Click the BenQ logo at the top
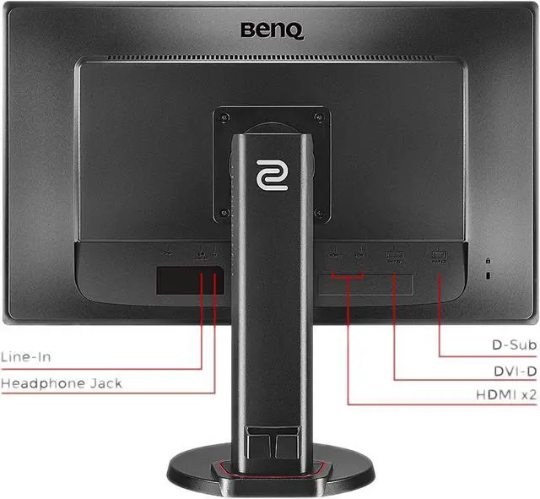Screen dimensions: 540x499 [x=272, y=31]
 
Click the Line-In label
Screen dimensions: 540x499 [x=25, y=356]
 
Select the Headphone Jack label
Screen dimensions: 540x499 [x=61, y=383]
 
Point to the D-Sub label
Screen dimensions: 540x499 [x=515, y=344]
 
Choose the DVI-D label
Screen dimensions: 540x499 [x=516, y=370]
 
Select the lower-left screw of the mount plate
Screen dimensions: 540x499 [x=225, y=211]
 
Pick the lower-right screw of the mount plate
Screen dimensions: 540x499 [x=317, y=211]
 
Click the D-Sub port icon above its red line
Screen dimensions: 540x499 [x=438, y=254]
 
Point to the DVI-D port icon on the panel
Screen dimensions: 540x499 [x=393, y=255]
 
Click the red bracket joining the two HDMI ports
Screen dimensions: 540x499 [x=347, y=274]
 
